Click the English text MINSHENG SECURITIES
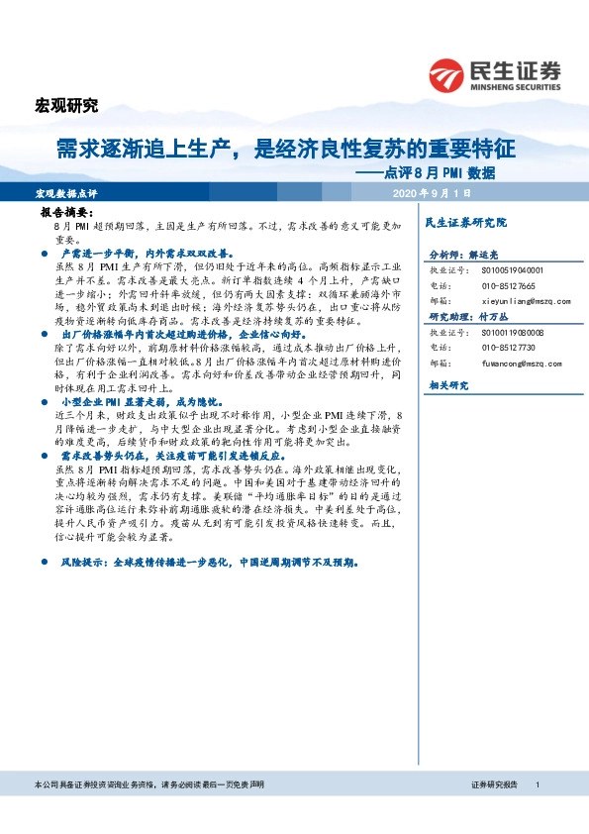pos(517,85)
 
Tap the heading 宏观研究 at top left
pos(67,105)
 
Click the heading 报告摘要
pos(66,213)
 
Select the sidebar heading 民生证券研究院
pos(465,223)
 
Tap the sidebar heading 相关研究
pos(446,384)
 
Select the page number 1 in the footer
pos(536,783)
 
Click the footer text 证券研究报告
pos(494,783)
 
